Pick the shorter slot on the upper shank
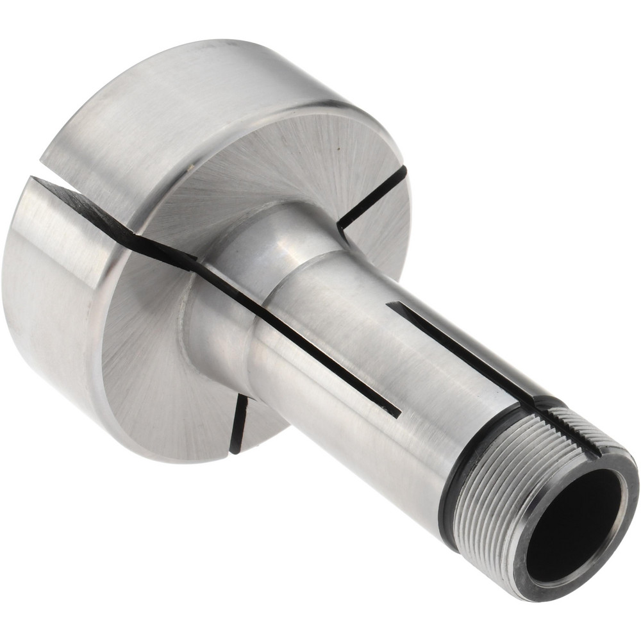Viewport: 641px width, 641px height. pos(449,346)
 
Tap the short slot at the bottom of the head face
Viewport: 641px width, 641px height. pos(239,423)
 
